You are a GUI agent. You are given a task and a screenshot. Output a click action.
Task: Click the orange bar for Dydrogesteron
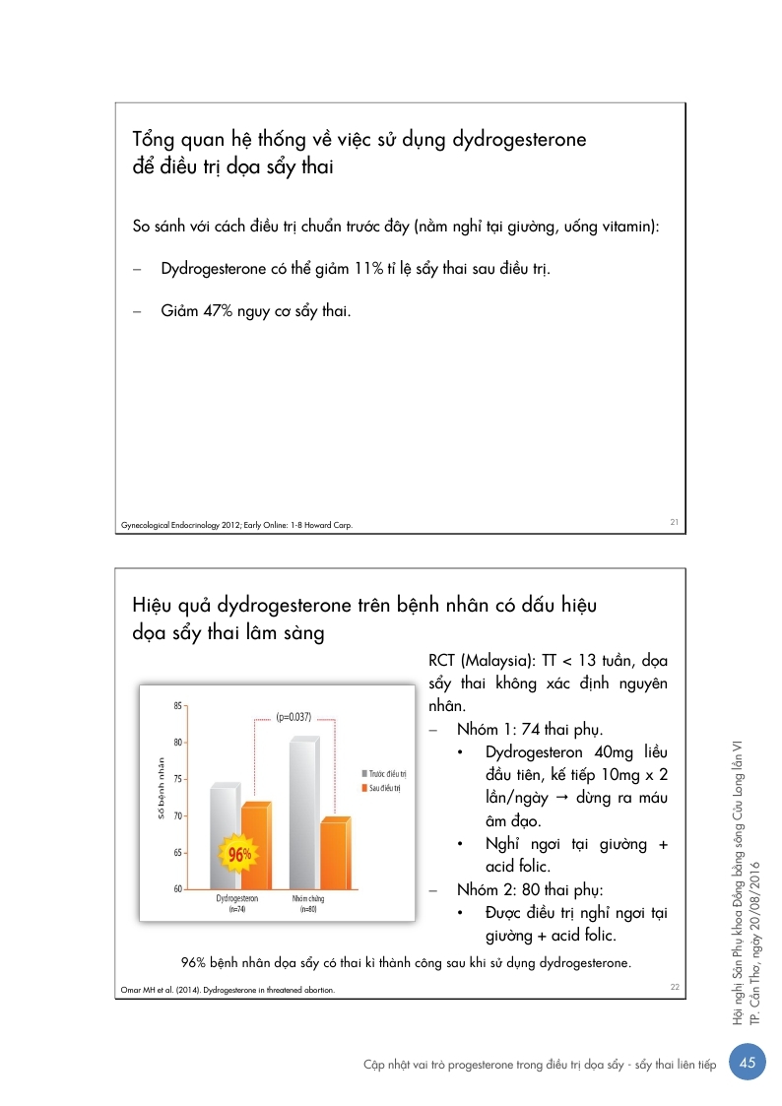254,847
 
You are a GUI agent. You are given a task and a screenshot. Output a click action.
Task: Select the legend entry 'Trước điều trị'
384,774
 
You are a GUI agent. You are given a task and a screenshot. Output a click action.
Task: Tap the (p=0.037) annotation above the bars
293,717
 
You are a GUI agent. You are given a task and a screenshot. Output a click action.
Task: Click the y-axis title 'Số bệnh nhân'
160,789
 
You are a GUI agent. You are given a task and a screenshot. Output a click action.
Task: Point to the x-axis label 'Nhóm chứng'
308,899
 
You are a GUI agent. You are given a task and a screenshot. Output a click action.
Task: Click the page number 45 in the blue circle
748,1063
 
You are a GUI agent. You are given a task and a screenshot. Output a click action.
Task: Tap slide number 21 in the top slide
675,522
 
